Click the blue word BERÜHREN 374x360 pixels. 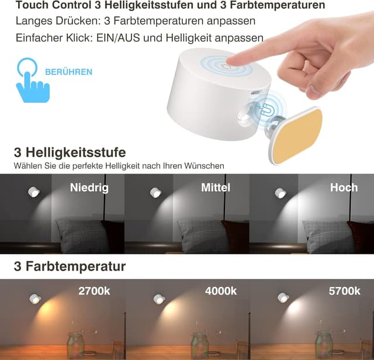[x=68, y=72]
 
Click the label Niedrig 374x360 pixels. [x=89, y=188]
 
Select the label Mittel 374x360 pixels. [x=216, y=188]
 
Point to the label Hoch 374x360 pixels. [x=344, y=188]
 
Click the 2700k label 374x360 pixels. [x=94, y=290]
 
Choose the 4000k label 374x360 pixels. [x=221, y=290]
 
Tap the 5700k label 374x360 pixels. [x=344, y=290]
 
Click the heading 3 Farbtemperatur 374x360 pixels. [x=70, y=267]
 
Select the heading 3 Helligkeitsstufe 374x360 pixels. [x=70, y=153]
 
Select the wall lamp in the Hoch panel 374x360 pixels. [x=281, y=193]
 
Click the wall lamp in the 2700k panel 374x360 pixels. [x=35, y=299]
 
